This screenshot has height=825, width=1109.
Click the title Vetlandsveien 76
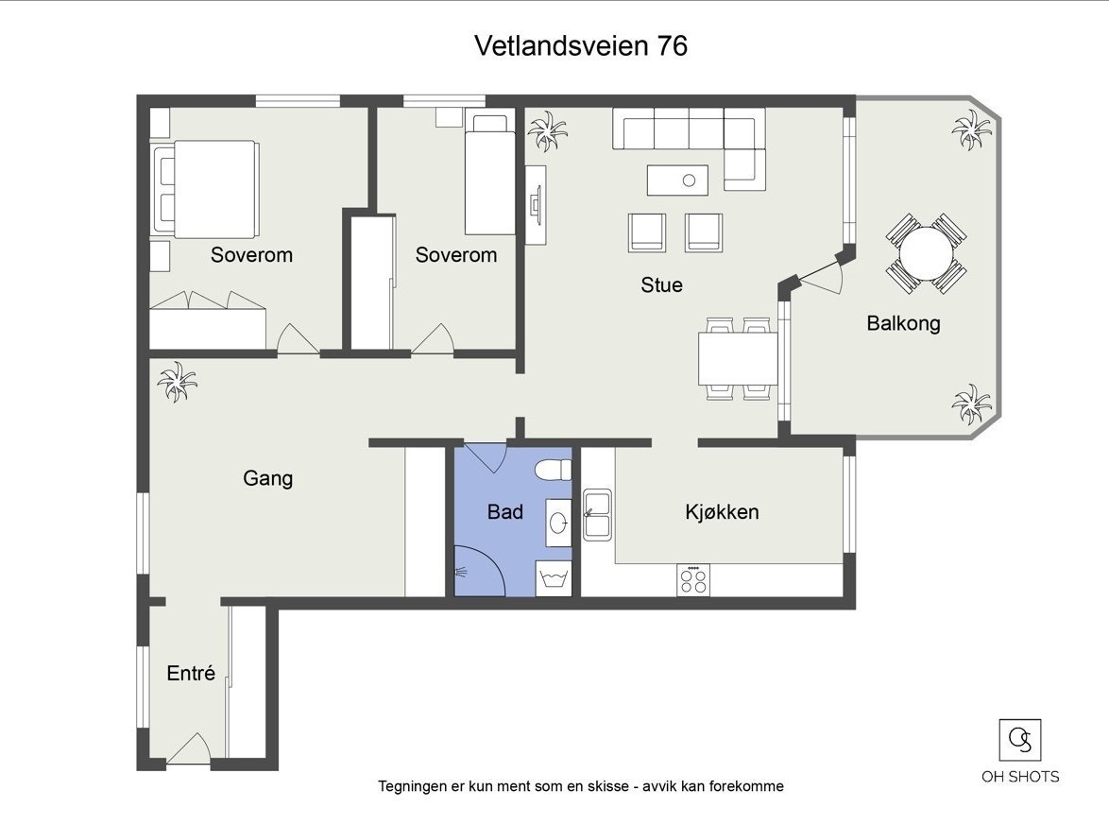click(580, 45)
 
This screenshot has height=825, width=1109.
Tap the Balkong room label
click(903, 323)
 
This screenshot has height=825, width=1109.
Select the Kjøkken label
click(722, 512)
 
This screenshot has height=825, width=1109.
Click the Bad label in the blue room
click(505, 512)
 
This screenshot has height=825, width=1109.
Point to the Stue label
click(661, 284)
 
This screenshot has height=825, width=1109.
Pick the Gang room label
click(267, 478)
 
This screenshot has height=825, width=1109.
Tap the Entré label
click(191, 674)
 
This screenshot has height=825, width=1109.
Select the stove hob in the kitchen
click(693, 579)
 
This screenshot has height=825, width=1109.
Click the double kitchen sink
click(598, 514)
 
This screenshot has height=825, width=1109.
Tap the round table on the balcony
click(926, 253)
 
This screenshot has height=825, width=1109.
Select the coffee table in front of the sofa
click(677, 178)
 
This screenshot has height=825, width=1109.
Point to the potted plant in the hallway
click(177, 382)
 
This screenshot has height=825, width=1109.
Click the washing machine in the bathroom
click(554, 578)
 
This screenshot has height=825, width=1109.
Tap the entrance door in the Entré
click(189, 750)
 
